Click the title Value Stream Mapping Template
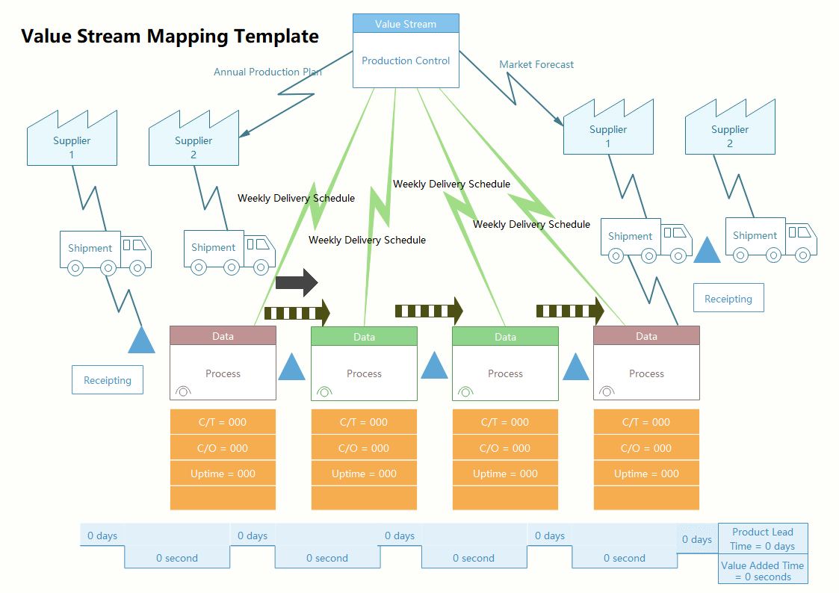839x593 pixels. click(170, 36)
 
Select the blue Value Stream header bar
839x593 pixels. click(406, 24)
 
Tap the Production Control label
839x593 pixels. click(406, 61)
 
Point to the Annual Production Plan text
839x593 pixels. click(267, 72)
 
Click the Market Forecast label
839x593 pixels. click(536, 65)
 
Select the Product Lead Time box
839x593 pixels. click(763, 538)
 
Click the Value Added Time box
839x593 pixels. click(763, 571)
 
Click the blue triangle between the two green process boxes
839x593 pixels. click(434, 367)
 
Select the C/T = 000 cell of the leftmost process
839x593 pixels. click(223, 422)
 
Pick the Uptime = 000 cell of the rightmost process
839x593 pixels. click(646, 474)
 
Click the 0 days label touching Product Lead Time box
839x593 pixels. click(696, 539)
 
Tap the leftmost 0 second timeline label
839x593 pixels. click(177, 558)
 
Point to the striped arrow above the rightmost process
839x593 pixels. click(570, 310)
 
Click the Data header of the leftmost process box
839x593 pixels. click(223, 336)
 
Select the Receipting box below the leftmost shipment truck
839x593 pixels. click(108, 380)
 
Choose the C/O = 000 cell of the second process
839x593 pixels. click(364, 448)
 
